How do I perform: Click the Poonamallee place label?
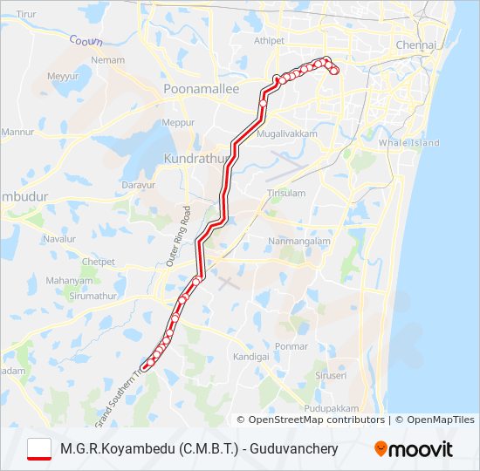pos(195,89)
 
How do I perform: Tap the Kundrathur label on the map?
pos(195,159)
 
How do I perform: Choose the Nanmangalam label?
pos(299,241)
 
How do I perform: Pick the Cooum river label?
pos(85,39)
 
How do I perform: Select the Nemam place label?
pos(108,60)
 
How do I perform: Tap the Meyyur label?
pos(63,77)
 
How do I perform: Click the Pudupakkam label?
pos(333,408)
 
